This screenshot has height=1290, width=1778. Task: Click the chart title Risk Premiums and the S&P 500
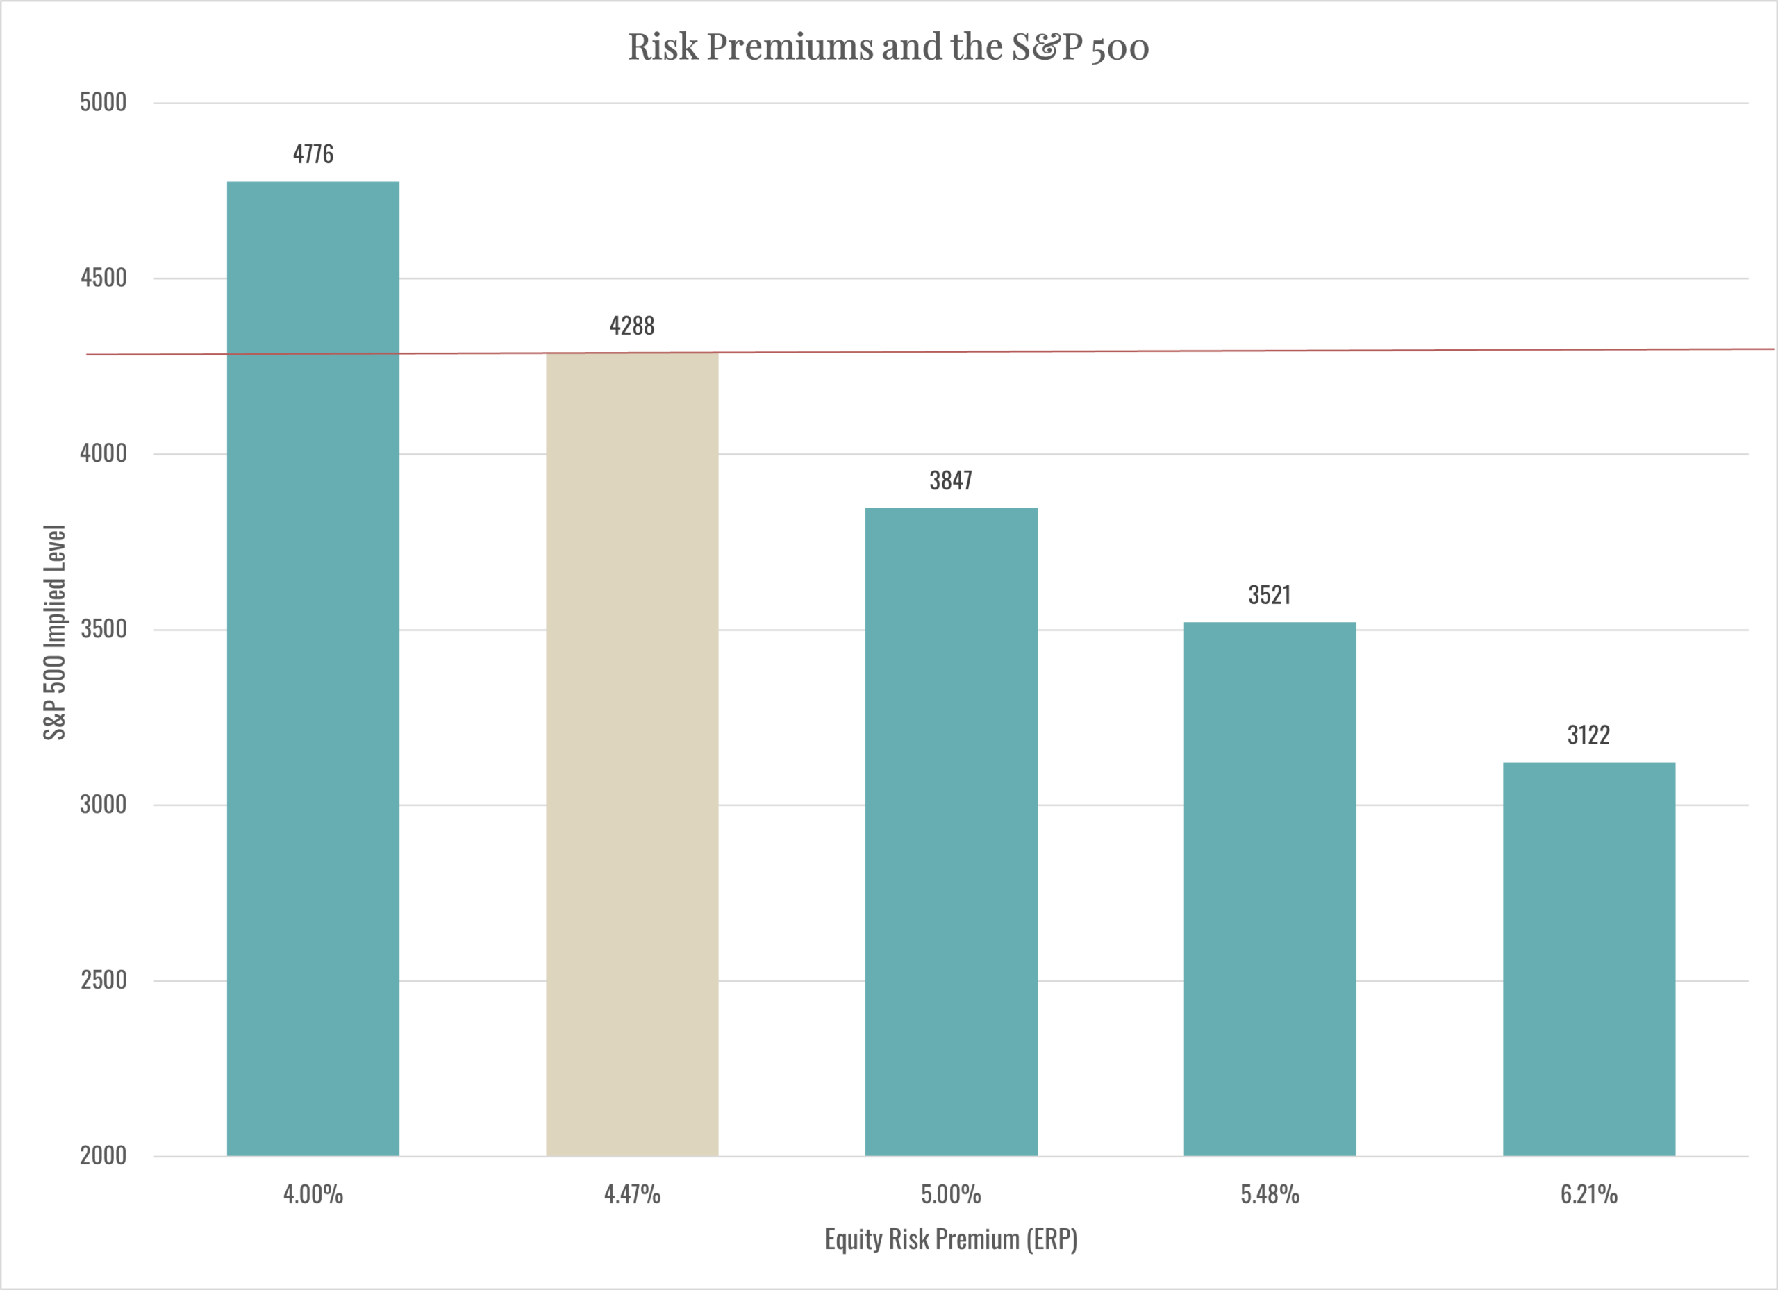(888, 47)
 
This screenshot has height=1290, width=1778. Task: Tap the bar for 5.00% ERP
(951, 832)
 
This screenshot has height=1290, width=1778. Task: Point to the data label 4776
(313, 154)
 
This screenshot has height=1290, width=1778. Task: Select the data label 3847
(951, 480)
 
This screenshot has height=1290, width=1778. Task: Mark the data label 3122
(1588, 735)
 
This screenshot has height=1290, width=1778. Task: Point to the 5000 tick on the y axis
(103, 103)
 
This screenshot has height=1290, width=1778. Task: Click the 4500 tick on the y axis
(103, 278)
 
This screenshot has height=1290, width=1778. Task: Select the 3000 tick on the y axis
(103, 805)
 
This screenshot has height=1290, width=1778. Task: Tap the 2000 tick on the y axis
(103, 1156)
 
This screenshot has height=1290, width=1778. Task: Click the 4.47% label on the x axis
(632, 1194)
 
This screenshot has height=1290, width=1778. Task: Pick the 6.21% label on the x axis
(1588, 1194)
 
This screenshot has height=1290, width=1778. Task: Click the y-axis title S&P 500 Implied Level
(55, 632)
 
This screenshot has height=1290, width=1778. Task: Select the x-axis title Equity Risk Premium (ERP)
(951, 1239)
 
